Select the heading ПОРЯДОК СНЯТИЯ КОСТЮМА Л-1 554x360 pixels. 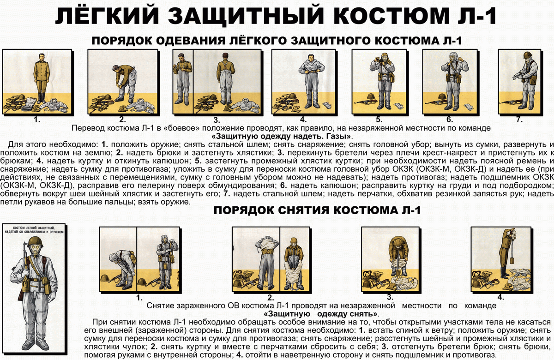tap(316, 210)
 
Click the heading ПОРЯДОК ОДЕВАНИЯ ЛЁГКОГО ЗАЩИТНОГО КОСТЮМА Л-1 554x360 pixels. tap(277, 41)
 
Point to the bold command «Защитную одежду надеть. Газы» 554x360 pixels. tap(282, 136)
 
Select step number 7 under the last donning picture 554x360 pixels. tap(519, 120)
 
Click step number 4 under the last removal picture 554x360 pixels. tap(500, 297)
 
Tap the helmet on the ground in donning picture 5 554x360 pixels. tap(370, 97)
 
